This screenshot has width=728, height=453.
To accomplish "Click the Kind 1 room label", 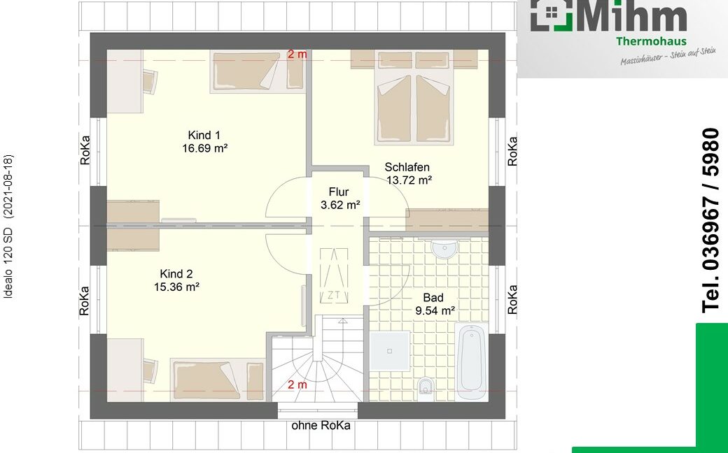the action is click(x=204, y=136).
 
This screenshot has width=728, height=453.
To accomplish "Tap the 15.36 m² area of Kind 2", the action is click(x=177, y=287).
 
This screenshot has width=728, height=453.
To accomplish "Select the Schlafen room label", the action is click(x=407, y=167).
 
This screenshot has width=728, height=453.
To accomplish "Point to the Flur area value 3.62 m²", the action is click(x=340, y=205).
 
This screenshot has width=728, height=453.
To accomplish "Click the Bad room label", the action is click(x=433, y=298).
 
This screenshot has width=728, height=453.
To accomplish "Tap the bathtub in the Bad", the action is click(x=472, y=361).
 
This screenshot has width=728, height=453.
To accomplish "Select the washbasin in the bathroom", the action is click(x=444, y=249).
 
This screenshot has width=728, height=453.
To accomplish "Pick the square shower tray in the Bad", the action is click(x=389, y=351).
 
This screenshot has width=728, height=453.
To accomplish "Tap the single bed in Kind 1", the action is click(x=258, y=71).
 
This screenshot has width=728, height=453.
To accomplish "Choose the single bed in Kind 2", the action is click(x=218, y=380).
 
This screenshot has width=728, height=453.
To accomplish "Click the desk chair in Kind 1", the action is click(x=150, y=82).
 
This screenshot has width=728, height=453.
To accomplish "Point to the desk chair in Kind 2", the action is click(x=150, y=371).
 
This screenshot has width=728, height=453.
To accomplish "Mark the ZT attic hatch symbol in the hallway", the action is click(x=333, y=275).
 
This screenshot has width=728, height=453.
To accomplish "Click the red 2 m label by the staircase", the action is click(x=297, y=385).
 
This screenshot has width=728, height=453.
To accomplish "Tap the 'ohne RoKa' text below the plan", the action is click(x=321, y=426).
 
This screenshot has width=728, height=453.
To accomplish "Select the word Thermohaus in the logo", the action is click(x=651, y=41).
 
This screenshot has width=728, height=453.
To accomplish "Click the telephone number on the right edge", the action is click(x=710, y=220).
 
